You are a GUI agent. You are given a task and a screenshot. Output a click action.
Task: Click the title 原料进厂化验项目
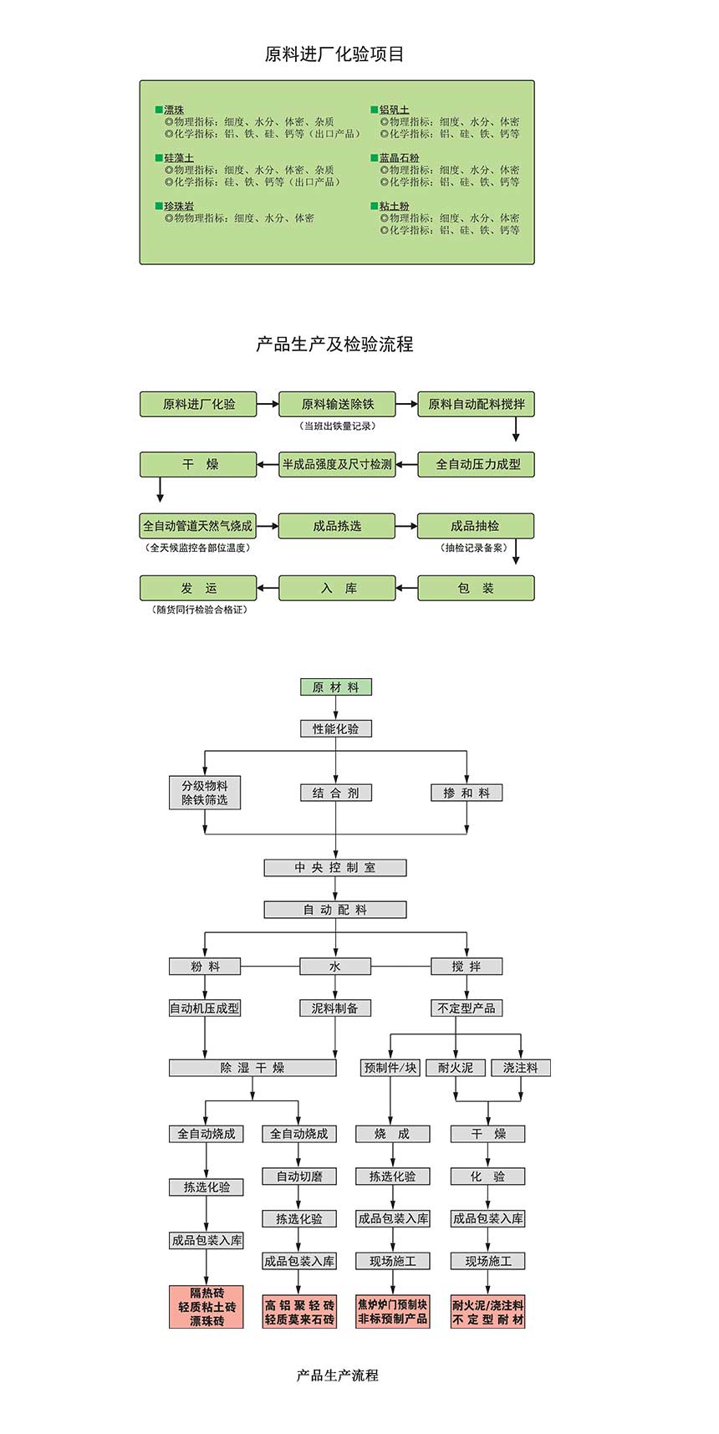[334, 54]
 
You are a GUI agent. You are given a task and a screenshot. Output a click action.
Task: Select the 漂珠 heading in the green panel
[174, 110]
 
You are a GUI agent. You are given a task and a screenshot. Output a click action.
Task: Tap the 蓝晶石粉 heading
[399, 157]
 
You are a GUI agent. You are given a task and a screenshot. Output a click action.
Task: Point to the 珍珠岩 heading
[179, 206]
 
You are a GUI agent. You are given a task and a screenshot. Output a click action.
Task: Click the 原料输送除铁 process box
[337, 404]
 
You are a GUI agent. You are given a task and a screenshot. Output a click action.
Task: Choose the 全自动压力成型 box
[476, 464]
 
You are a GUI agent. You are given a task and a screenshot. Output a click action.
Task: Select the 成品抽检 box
[476, 526]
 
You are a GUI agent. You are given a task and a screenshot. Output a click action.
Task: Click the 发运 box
[198, 588]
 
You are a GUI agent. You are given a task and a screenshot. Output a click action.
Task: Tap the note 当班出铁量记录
[338, 426]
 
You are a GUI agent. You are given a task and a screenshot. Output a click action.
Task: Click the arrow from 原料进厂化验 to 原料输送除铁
[268, 404]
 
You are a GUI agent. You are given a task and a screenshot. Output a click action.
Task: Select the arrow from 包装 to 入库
[406, 588]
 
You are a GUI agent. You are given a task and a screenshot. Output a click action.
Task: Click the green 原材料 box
[336, 687]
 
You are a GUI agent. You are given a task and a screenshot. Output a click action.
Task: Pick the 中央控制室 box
[335, 868]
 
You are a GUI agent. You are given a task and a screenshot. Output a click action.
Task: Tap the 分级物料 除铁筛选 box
[205, 793]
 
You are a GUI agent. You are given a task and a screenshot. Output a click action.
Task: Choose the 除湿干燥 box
[252, 1068]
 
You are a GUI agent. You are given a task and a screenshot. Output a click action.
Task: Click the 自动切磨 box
[299, 1176]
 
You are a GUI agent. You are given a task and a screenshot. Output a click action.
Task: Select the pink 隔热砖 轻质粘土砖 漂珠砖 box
[207, 1307]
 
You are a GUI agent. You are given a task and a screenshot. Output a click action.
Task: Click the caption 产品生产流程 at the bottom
[338, 1375]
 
